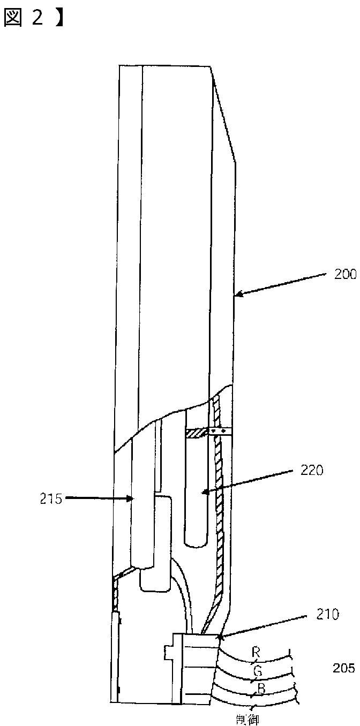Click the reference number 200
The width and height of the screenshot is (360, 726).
346,275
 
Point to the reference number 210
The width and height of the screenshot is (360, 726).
328,614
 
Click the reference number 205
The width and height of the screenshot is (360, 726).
343,668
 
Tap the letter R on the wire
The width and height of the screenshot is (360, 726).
256,652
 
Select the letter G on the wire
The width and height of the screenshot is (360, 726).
257,669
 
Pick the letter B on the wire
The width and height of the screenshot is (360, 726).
261,688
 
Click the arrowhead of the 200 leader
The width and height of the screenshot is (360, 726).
237,294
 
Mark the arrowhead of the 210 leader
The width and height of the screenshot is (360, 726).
219,637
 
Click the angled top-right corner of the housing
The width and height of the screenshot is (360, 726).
212,67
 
